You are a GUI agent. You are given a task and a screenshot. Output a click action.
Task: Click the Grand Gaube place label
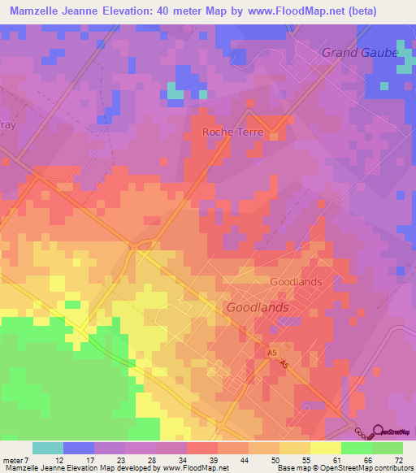pyautogui.click(x=359, y=52)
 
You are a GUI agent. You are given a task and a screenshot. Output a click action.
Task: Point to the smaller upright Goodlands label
pyautogui.click(x=296, y=281)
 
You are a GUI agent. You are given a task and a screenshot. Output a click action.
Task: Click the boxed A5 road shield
pyautogui.click(x=273, y=353)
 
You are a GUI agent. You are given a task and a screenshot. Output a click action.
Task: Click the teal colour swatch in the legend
pyautogui.click(x=48, y=448)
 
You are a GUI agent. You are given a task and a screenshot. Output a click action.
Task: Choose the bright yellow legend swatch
pyautogui.click(x=326, y=448)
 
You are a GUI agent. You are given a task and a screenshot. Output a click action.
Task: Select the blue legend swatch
pyautogui.click(x=79, y=448)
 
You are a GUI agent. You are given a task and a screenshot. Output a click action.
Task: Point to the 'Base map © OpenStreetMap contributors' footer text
pyautogui.click(x=344, y=467)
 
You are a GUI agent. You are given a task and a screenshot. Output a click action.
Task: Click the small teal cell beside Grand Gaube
pyautogui.click(x=404, y=67)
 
